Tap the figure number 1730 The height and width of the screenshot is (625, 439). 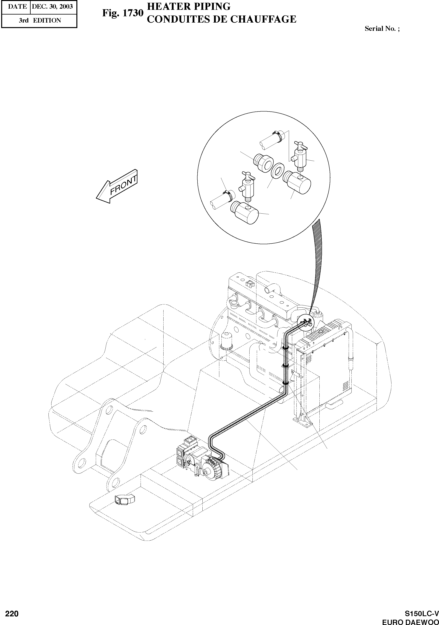click(123, 13)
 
